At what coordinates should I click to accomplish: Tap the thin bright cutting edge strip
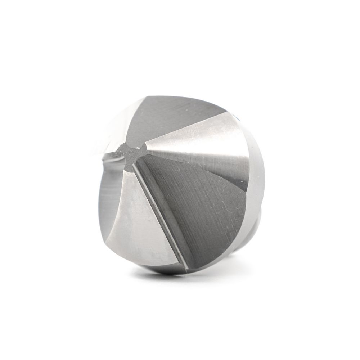(158, 216)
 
